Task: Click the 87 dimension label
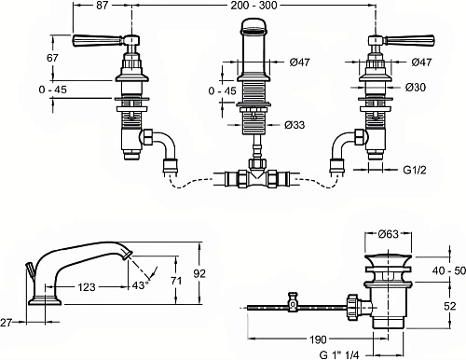[102, 6]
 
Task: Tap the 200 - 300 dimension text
[254, 6]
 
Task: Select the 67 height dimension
[52, 58]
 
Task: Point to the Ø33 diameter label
[295, 125]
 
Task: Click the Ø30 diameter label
[416, 88]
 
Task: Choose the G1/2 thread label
[415, 170]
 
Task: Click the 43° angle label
[141, 285]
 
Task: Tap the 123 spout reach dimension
[87, 287]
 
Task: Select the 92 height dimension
[199, 273]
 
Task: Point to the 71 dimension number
[176, 281]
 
